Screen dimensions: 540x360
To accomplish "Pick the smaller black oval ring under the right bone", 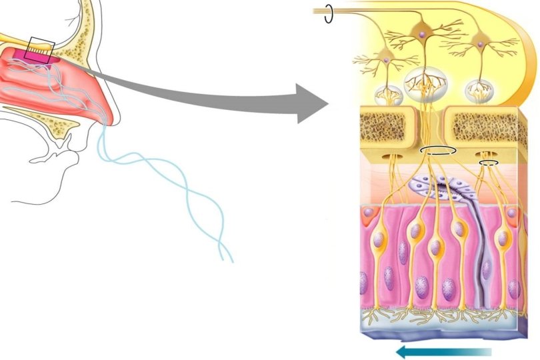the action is [x=489, y=161].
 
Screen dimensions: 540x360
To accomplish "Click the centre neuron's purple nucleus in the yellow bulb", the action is [x=421, y=31].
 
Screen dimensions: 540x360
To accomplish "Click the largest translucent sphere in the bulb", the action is [x=425, y=83].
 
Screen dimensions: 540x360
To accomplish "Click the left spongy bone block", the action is [x=391, y=127].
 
